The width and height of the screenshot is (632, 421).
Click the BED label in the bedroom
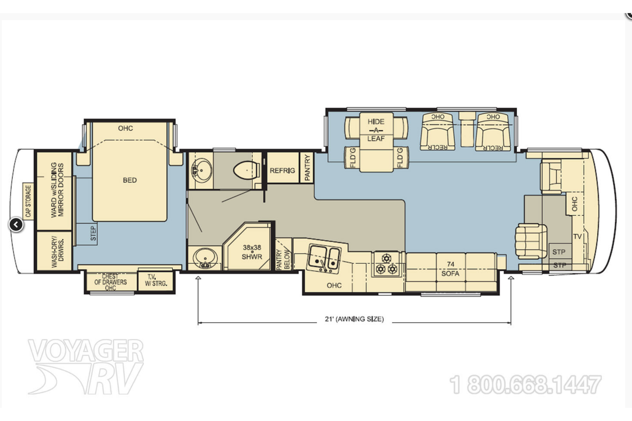point(130,180)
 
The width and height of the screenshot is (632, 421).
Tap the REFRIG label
point(282,170)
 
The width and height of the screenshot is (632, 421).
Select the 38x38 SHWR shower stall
point(249,246)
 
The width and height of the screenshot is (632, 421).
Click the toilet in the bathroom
point(247,170)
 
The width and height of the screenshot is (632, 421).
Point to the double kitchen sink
point(324,258)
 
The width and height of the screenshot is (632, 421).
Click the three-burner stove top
point(386,264)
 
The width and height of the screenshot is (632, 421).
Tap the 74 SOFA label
point(450,269)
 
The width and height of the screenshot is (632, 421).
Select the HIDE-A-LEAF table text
point(376,130)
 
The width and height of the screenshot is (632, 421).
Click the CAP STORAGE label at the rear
point(28,201)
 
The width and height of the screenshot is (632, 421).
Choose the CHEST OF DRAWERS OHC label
point(111,282)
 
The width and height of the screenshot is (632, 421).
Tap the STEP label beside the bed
point(93,233)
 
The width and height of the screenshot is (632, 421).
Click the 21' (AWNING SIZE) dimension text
point(354,319)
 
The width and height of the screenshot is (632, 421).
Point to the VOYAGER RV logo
point(86,366)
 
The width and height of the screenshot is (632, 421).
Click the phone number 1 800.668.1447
point(525,385)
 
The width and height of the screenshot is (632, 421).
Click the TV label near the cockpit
point(577,236)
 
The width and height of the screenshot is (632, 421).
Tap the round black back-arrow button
point(16,224)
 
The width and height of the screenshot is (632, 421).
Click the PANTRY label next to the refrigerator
point(307,168)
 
